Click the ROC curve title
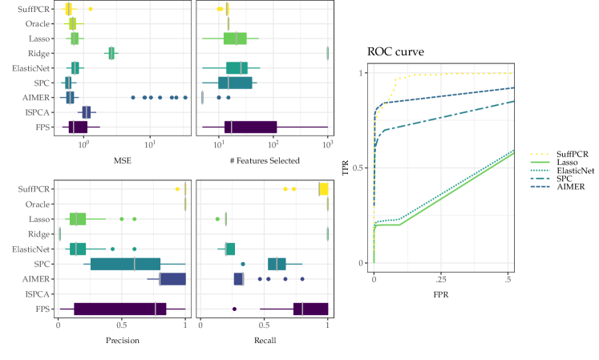click(396, 52)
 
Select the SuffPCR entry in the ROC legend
click(565, 152)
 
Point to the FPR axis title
click(441, 293)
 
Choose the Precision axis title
click(122, 341)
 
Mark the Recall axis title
click(264, 341)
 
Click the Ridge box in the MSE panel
click(111, 53)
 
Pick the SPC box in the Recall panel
click(277, 264)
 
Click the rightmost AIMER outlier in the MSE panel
click(185, 97)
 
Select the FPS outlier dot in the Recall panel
click(234, 309)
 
